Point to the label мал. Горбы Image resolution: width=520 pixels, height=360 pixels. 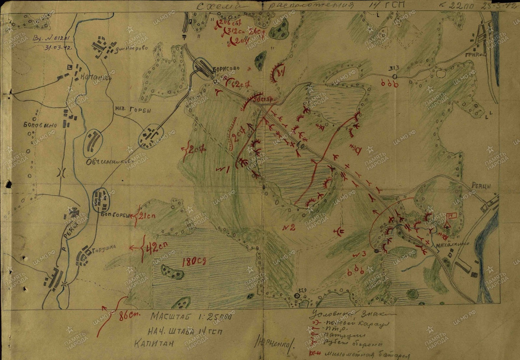133,110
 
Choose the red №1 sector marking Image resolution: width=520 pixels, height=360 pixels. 223,169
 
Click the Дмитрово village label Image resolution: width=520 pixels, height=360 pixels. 133,48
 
